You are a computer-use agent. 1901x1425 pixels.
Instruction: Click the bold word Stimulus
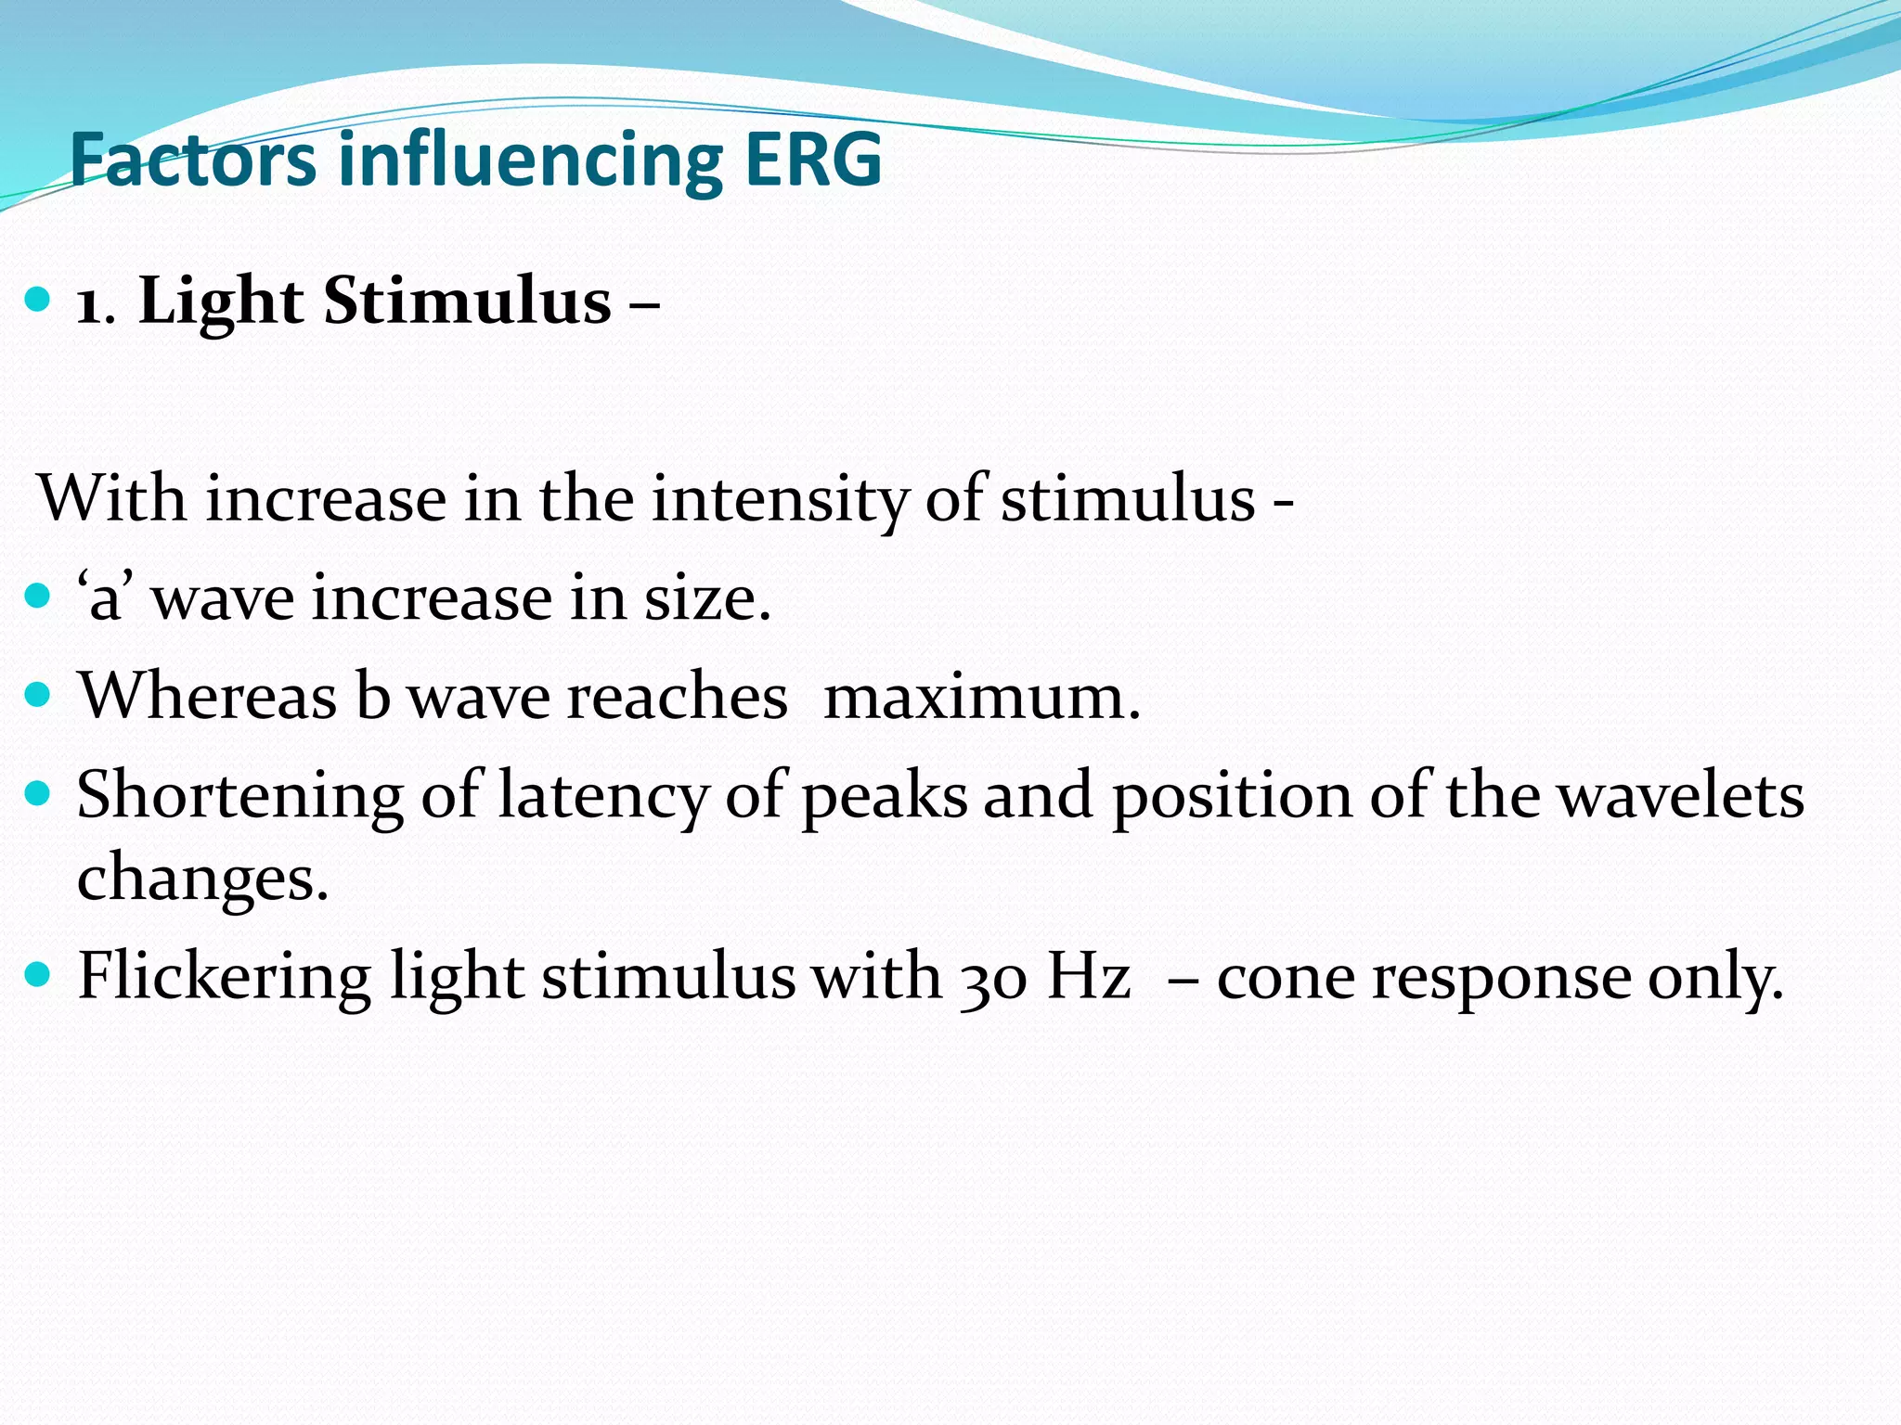tap(467, 302)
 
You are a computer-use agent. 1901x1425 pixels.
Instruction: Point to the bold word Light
tap(221, 302)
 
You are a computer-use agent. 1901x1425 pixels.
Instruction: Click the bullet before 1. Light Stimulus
tap(37, 301)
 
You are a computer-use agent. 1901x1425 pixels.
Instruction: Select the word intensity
tap(778, 499)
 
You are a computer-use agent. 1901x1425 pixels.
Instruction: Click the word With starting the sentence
tap(112, 499)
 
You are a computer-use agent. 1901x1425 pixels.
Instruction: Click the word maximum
tap(981, 697)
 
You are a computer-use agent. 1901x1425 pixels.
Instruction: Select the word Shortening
tap(239, 796)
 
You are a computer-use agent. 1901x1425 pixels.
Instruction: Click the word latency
tap(602, 796)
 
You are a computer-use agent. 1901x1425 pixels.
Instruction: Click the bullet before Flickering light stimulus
tap(37, 975)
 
